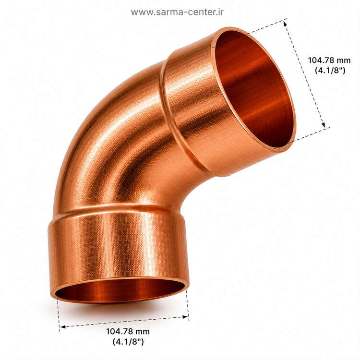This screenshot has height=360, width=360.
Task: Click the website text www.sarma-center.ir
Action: (177, 12)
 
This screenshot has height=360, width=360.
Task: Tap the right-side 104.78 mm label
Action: (329, 60)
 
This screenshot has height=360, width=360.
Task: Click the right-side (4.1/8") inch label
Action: (330, 70)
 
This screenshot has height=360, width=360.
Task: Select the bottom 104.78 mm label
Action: (128, 331)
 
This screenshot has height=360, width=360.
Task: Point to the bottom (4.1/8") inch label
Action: (128, 342)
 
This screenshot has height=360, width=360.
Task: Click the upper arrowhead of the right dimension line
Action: (285, 24)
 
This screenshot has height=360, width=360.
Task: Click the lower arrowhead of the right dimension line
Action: (323, 124)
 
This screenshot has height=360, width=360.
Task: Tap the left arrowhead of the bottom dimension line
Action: (63, 326)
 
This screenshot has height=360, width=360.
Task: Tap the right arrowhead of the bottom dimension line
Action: (185, 317)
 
